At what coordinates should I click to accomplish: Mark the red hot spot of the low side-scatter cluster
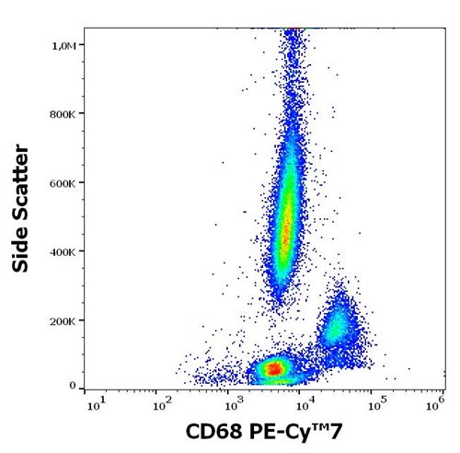(274, 368)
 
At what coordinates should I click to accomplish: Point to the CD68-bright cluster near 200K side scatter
(339, 324)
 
